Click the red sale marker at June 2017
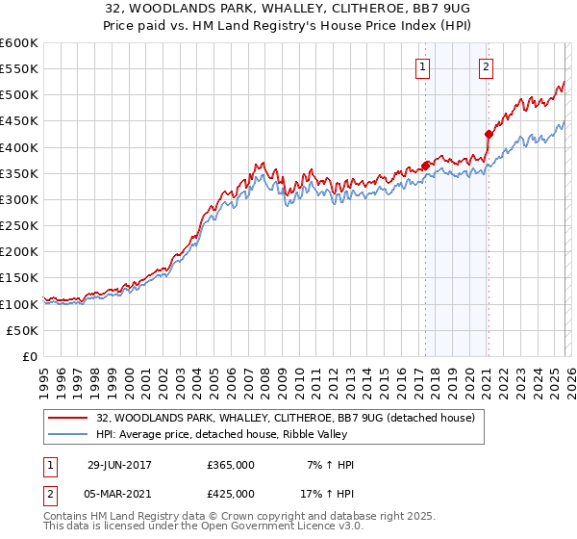[425, 166]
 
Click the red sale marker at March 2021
[488, 135]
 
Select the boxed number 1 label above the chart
[424, 66]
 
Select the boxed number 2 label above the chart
[487, 66]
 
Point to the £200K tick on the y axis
[19, 252]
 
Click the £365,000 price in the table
[231, 465]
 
